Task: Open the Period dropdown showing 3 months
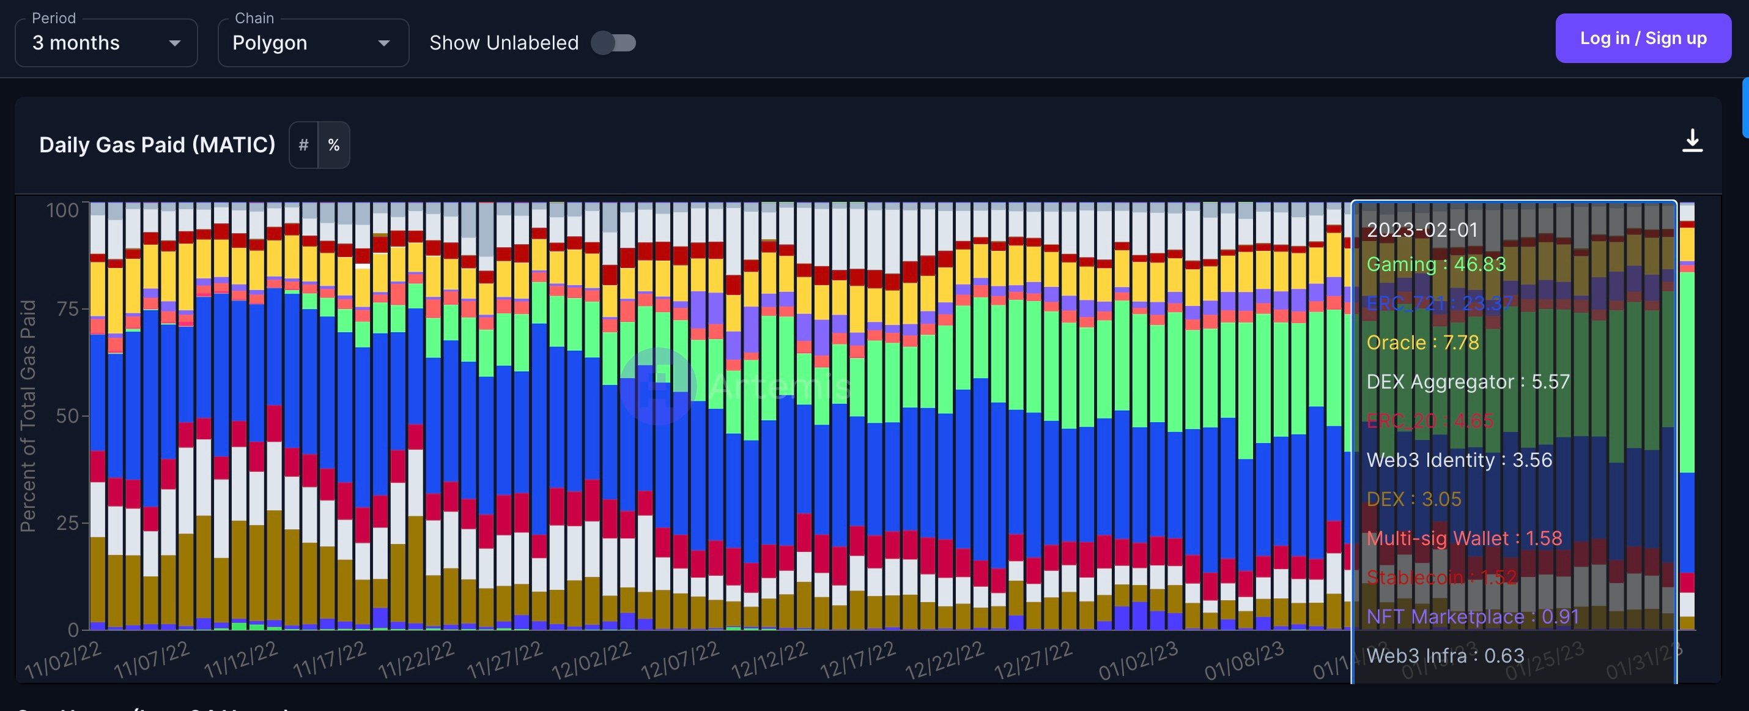[x=106, y=43]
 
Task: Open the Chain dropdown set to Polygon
[x=312, y=43]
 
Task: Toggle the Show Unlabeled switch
[x=613, y=43]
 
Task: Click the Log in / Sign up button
[x=1643, y=39]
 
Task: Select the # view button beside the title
[x=303, y=144]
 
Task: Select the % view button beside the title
[x=333, y=144]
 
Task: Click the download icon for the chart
[x=1692, y=141]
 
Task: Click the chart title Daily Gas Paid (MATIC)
[x=157, y=144]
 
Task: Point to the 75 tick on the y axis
[x=67, y=309]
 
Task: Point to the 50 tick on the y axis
[x=67, y=415]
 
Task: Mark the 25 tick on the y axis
[x=67, y=523]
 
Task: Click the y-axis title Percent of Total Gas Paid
[x=28, y=415]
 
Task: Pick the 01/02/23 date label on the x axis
[x=1138, y=660]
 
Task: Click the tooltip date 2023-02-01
[x=1422, y=229]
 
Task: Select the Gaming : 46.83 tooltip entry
[x=1435, y=264]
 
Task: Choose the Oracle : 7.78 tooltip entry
[x=1422, y=342]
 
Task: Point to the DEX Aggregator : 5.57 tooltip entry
[x=1467, y=382]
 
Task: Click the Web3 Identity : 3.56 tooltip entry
[x=1459, y=460]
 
